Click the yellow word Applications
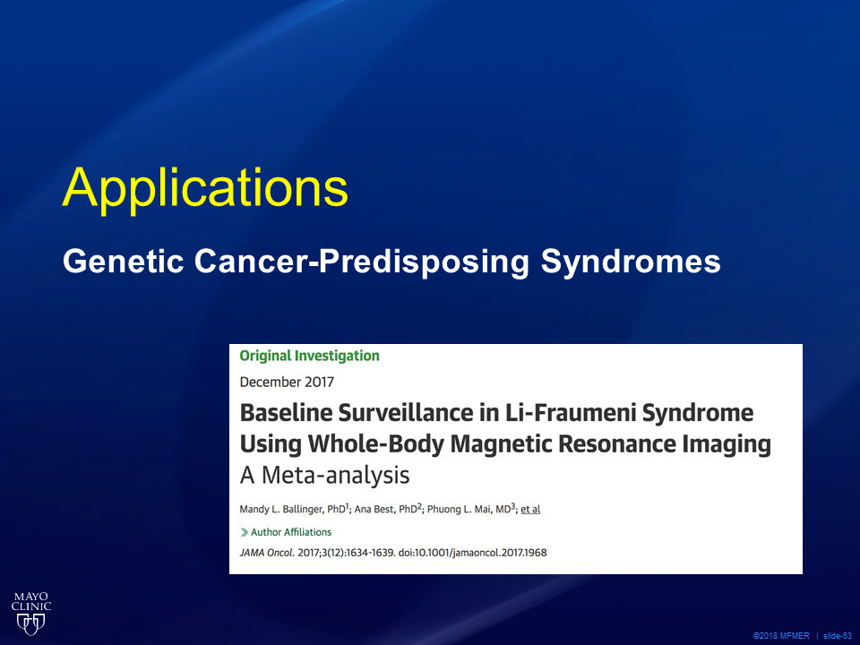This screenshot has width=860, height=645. click(x=206, y=189)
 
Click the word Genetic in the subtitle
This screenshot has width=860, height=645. click(x=123, y=261)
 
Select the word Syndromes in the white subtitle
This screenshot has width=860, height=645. click(x=631, y=262)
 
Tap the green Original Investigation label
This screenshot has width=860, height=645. click(x=309, y=356)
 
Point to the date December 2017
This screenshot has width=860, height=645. click(x=287, y=382)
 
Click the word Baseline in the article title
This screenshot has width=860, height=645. click(x=286, y=413)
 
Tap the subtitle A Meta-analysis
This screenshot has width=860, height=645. click(x=324, y=475)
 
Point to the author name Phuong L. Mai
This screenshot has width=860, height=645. click(x=459, y=510)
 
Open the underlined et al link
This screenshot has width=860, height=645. click(x=530, y=510)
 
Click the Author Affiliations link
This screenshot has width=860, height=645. click(x=291, y=532)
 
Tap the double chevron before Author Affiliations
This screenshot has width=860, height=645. click(x=244, y=532)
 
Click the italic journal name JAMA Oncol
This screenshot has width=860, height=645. click(x=267, y=553)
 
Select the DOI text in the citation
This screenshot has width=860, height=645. click(x=472, y=553)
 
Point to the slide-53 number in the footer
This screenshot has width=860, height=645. click(x=837, y=636)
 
